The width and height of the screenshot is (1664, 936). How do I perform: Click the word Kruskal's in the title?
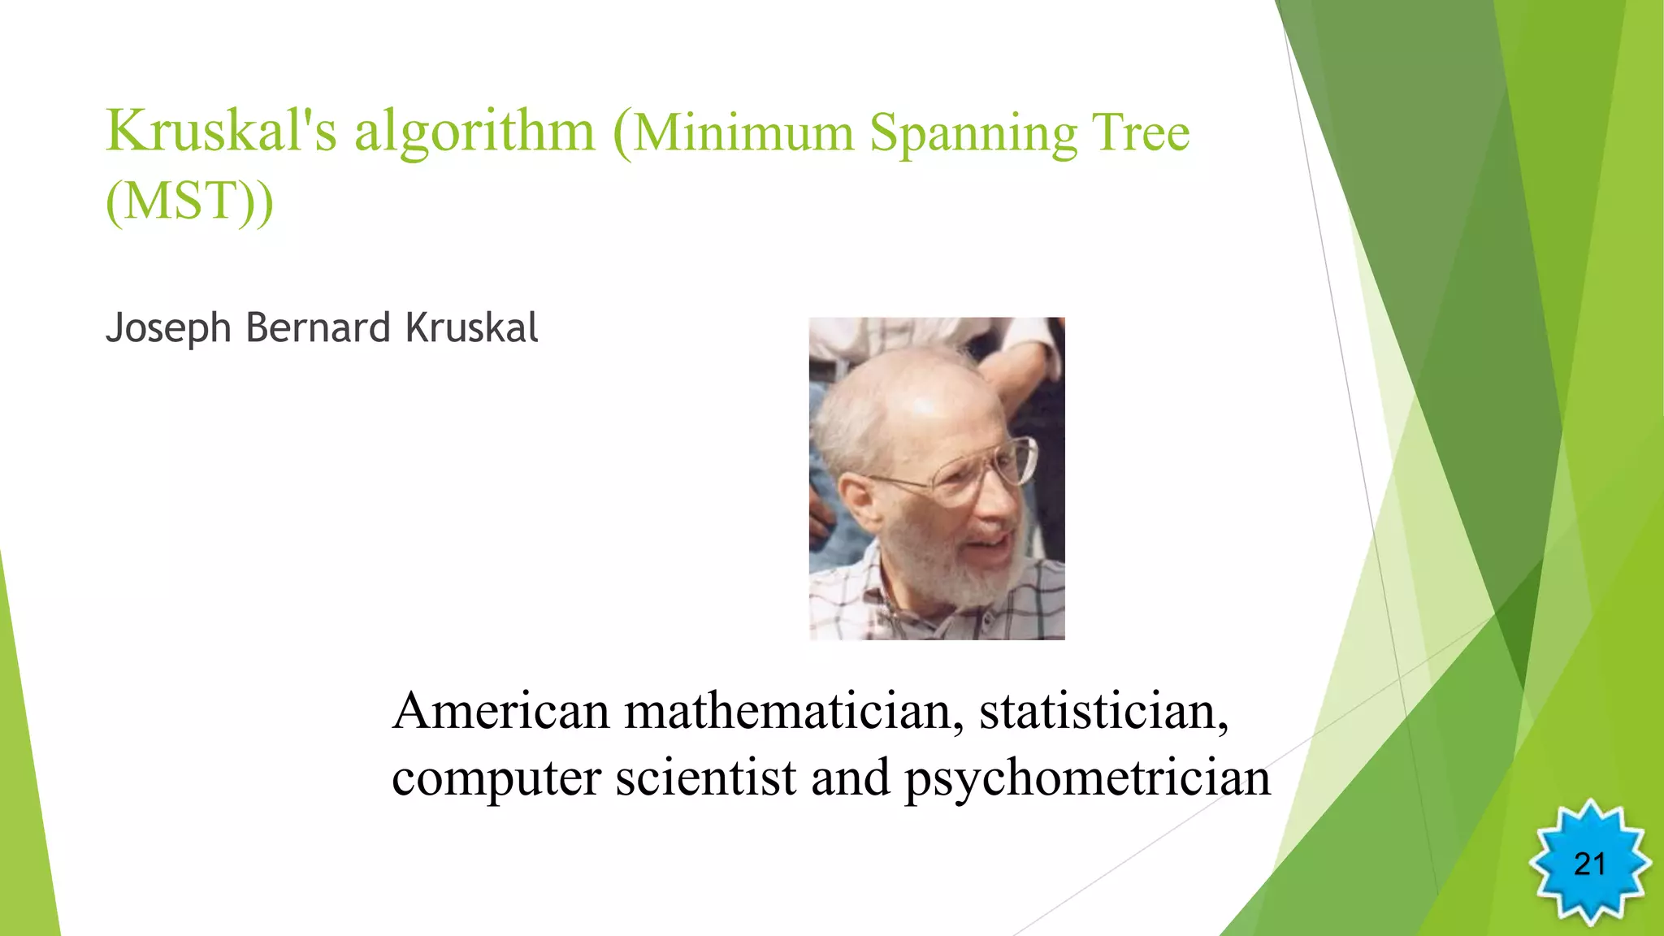point(221,132)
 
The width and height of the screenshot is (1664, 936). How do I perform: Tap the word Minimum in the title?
point(743,133)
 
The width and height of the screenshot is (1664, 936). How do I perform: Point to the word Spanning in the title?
point(973,135)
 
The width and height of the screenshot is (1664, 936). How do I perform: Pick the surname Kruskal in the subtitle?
point(471,327)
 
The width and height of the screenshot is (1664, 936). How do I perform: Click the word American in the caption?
point(500,711)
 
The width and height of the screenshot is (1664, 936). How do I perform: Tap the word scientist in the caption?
point(705,778)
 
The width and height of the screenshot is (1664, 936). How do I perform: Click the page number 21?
point(1589,864)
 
